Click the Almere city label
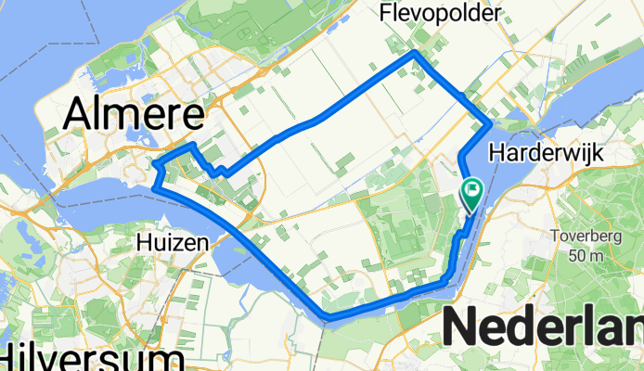(135, 116)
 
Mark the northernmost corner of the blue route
(414, 54)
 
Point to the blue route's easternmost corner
(489, 123)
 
